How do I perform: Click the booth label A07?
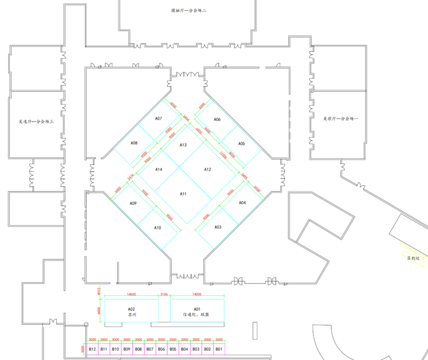(x=158, y=119)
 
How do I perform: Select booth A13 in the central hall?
(x=183, y=145)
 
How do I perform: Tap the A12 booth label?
(x=208, y=169)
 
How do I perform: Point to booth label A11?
(x=183, y=194)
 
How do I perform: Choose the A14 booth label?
(x=158, y=169)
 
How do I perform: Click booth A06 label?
(x=217, y=119)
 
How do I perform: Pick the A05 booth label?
(x=241, y=144)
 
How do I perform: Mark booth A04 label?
(x=243, y=203)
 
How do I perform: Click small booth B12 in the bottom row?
(x=92, y=349)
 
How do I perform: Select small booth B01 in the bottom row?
(x=218, y=349)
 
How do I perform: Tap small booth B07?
(x=150, y=349)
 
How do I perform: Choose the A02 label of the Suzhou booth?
(x=132, y=309)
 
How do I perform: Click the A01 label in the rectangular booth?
(x=197, y=309)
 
